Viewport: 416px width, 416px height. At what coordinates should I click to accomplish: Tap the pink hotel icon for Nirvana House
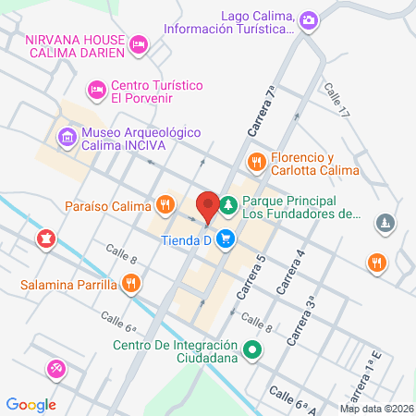[x=139, y=43]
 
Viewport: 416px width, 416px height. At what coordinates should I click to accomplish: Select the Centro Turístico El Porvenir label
[x=157, y=91]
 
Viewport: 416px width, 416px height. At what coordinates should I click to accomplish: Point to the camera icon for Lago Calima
[x=309, y=18]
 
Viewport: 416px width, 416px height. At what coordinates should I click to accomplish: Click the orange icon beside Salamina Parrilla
[x=132, y=284]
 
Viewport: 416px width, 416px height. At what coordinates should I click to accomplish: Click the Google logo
[x=31, y=404]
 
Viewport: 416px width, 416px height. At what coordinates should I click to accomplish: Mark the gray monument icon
[x=386, y=223]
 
